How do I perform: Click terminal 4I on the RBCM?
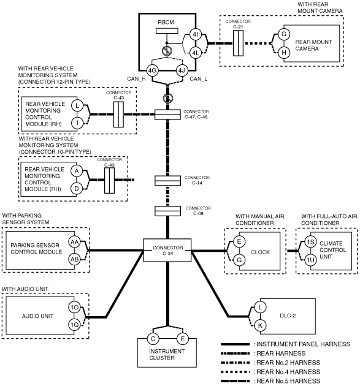coord(196,34)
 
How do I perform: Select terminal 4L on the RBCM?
coord(196,53)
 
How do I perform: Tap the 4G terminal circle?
coord(152,70)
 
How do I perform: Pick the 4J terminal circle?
coord(182,70)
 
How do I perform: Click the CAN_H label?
coord(136,79)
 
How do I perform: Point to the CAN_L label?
coord(199,79)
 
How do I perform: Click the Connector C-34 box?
coord(167,251)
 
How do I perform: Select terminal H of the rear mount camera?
coord(284,53)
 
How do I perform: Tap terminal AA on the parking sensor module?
coord(74,242)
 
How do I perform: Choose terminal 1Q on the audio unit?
coord(74,325)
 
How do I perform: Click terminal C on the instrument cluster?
coord(153,339)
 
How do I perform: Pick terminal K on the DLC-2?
coord(260,326)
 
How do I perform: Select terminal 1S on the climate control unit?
coord(310,242)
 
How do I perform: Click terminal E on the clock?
coord(239,241)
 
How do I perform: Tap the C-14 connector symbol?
coord(167,181)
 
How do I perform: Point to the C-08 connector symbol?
coord(167,211)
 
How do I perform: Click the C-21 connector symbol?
coord(239,43)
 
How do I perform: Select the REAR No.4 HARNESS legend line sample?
coord(236,372)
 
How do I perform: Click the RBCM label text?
coord(166,22)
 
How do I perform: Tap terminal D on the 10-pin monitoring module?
coord(77,189)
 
